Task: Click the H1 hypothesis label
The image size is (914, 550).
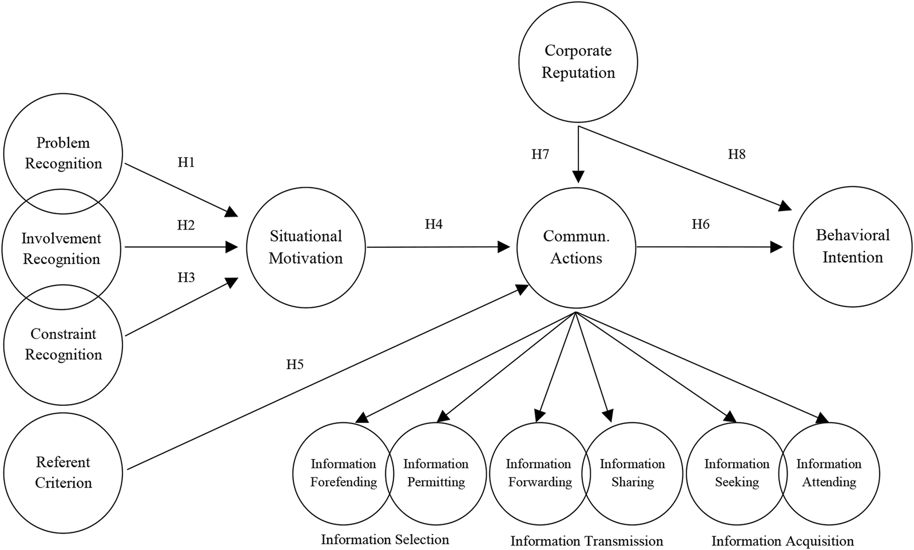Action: [x=186, y=163]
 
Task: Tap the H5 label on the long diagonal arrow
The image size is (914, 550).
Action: [x=295, y=364]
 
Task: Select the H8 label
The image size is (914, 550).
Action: [x=737, y=154]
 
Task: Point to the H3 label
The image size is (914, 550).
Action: [x=186, y=278]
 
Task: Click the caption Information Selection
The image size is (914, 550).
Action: [x=385, y=539]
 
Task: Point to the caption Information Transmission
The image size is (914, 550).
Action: [x=587, y=541]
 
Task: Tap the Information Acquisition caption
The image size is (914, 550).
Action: [x=782, y=541]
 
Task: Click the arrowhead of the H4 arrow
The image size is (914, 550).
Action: [x=504, y=247]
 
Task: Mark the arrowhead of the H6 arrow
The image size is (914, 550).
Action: [x=777, y=247]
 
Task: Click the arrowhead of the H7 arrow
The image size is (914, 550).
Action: [x=578, y=176]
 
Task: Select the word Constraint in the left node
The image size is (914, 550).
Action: [x=63, y=334]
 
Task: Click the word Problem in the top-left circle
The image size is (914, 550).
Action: [x=63, y=143]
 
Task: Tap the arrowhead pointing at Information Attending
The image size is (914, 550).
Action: [x=822, y=418]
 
